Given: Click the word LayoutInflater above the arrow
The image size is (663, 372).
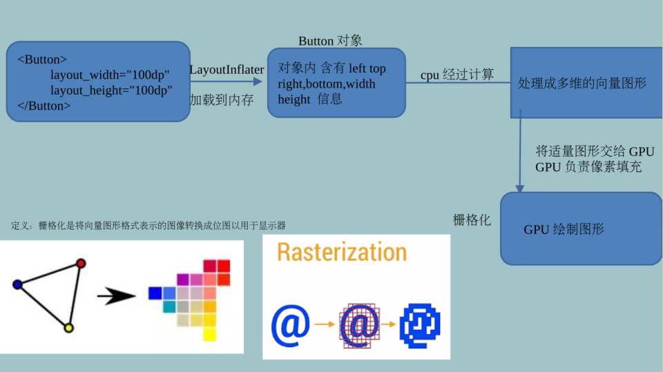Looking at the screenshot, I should pos(227,70).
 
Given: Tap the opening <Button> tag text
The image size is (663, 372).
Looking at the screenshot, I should pos(42,59).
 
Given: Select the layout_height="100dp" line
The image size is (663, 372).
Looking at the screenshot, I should pos(110,90).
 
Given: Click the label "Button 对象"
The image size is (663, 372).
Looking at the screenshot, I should pos(330,41).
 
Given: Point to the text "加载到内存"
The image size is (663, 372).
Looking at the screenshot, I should pos(222,100).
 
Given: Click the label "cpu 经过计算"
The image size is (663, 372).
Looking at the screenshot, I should pos(457,75).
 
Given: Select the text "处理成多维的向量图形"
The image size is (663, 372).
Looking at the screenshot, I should pos(582,84).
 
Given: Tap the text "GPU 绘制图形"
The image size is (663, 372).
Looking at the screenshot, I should pos(564,229).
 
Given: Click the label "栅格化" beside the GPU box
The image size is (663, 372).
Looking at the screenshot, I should pos(472,220).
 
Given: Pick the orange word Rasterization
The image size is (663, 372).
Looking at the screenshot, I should pos(342,252).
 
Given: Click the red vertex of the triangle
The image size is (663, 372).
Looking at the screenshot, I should pos(81,263).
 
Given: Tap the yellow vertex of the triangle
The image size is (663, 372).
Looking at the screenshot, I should pos(68,328).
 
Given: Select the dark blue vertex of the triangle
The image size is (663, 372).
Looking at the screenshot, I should pos(17,284).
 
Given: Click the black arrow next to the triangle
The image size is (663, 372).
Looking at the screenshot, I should pos(117,297).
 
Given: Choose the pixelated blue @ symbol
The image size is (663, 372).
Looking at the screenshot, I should pos(420,324).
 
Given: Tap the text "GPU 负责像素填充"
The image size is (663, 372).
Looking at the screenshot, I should pos(588,167).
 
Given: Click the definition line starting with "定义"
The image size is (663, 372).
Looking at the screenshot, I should pos(148,226).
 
